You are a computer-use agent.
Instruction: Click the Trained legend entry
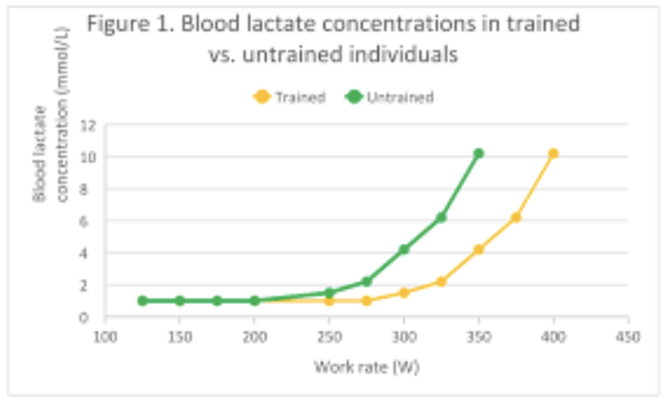click(x=291, y=97)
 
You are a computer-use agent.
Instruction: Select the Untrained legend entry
click(x=391, y=97)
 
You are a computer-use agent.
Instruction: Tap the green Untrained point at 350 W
click(x=478, y=153)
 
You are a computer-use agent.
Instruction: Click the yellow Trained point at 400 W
click(x=553, y=153)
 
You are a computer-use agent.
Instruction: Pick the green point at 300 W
click(x=404, y=249)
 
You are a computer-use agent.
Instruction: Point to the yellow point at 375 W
click(x=516, y=217)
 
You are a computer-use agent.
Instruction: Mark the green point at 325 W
click(x=441, y=217)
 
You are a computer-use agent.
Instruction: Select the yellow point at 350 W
click(x=478, y=249)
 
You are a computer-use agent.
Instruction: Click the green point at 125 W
click(x=142, y=300)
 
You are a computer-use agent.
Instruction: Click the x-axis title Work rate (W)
click(x=366, y=366)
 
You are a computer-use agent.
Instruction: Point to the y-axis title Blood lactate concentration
click(x=51, y=154)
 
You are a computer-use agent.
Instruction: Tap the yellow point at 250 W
click(x=329, y=300)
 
